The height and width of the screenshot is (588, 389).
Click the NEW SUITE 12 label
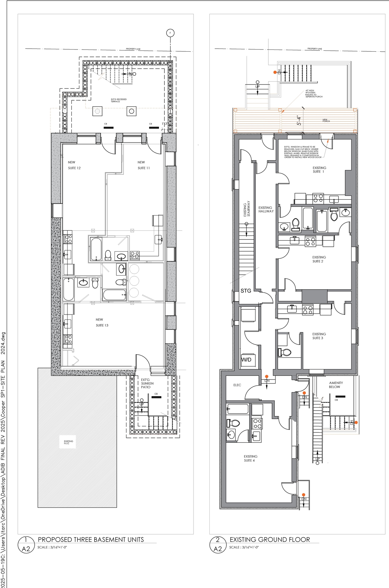[74, 165]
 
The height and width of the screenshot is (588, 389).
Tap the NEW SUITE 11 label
[143, 165]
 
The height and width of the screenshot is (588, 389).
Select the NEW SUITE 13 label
[102, 322]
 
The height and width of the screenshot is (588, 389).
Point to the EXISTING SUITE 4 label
[250, 458]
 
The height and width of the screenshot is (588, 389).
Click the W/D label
[246, 359]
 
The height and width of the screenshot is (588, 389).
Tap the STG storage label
[246, 291]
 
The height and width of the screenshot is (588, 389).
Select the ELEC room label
[237, 385]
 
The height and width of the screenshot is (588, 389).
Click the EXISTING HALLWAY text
[266, 209]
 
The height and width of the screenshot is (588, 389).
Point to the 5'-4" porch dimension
[299, 120]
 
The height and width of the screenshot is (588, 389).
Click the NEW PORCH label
[326, 121]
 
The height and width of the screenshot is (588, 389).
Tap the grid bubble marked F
[170, 33]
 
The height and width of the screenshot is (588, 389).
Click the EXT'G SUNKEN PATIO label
[147, 383]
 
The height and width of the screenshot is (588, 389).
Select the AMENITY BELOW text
[336, 385]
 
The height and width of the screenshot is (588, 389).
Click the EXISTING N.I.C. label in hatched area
[68, 442]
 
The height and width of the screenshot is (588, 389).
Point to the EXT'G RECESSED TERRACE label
[119, 100]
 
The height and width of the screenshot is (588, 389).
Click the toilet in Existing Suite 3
[285, 352]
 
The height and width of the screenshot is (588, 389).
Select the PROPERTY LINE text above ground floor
[315, 49]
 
